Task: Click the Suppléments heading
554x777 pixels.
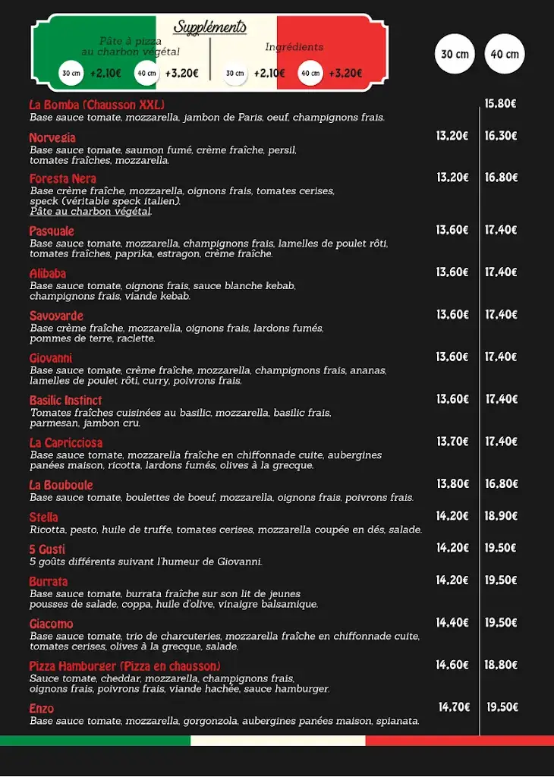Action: point(210,27)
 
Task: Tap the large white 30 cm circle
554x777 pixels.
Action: point(455,54)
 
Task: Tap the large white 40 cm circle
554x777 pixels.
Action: point(505,54)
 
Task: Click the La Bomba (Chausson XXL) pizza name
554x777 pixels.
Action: point(96,105)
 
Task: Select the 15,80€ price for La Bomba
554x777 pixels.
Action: point(501,104)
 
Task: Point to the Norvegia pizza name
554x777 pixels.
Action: point(52,138)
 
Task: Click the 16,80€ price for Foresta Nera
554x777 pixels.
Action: point(501,178)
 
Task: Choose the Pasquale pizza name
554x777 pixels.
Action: point(52,231)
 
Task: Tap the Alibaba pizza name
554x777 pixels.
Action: point(48,273)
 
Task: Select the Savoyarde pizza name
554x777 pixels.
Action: point(56,316)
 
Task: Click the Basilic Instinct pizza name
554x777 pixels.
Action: point(65,401)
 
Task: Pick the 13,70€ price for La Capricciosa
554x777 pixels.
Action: point(452,442)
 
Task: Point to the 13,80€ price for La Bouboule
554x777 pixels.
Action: point(452,484)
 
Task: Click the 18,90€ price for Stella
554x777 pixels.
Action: point(501,516)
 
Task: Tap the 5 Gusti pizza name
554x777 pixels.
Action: point(47,549)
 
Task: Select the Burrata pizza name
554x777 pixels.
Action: point(49,581)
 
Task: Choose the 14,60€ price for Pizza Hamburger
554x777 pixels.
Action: point(452,665)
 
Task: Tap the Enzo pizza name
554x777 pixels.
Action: point(42,708)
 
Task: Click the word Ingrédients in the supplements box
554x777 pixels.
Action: point(294,47)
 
